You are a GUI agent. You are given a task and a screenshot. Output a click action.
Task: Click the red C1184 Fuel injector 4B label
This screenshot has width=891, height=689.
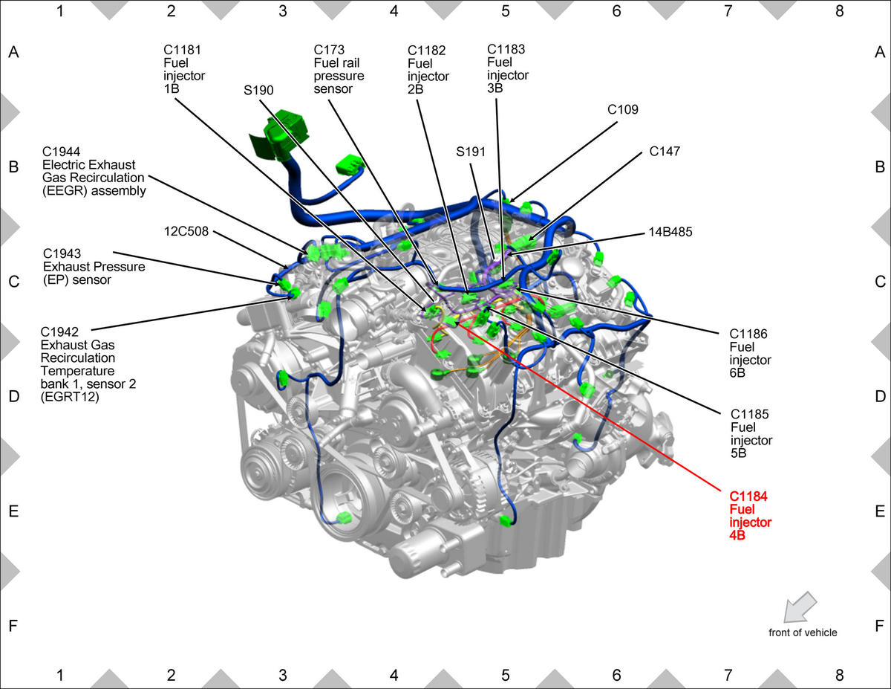750,516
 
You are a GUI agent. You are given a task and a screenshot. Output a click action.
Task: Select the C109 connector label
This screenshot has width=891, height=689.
622,109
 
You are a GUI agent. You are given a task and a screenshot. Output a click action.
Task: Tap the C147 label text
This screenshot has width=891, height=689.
665,152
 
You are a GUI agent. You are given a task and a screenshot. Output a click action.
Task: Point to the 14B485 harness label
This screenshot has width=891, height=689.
670,232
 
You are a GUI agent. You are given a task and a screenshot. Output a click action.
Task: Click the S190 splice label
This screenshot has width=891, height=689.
258,90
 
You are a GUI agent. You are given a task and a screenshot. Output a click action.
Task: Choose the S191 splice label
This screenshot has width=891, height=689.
471,152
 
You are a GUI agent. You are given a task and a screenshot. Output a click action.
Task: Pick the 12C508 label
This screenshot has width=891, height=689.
186,231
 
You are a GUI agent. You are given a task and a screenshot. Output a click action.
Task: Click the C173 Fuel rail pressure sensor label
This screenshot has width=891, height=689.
339,69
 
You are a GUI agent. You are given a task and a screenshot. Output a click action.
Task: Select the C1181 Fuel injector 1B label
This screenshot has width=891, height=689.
183,69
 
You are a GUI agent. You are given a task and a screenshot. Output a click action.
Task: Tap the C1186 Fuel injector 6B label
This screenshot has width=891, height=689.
750,353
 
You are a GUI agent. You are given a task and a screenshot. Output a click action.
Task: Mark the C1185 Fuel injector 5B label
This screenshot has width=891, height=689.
751,434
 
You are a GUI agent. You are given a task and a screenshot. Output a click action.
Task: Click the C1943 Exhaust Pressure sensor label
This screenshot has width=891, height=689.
94,267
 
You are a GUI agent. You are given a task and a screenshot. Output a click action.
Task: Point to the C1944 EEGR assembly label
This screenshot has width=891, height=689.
94,171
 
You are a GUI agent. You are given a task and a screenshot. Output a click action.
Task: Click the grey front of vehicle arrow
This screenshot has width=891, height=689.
800,607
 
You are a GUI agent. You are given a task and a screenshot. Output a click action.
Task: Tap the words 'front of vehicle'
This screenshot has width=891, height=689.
803,633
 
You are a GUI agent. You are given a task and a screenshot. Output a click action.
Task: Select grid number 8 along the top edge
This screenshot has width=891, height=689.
839,11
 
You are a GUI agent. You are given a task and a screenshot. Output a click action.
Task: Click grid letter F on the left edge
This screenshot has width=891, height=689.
13,626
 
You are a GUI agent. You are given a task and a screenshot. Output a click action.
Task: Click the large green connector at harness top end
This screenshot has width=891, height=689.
280,135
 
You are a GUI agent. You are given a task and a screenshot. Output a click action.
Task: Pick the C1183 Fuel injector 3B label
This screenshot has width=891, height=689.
508,68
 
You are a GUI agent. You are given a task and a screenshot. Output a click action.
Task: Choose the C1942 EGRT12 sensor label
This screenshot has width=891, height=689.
88,364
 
